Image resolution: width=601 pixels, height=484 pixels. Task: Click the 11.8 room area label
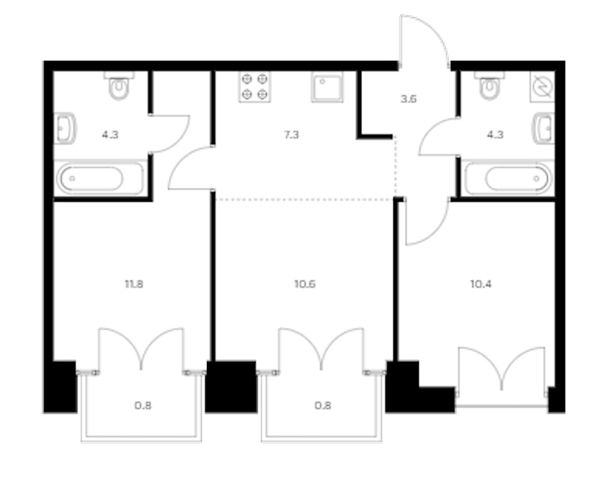134,284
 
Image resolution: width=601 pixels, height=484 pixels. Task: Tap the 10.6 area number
305,284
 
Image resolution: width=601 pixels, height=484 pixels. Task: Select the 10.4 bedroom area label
481,284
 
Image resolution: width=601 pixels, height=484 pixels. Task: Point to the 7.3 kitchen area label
291,135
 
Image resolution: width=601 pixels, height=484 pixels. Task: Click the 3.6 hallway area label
409,99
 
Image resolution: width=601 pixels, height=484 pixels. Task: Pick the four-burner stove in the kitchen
255,87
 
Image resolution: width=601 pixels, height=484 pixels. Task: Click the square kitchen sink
327,87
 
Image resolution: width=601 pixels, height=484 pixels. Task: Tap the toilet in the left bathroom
119,85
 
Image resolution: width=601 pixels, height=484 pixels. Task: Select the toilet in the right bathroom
489,85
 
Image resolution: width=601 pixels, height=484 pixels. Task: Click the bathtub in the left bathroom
100,179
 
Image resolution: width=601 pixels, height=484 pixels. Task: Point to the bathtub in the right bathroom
508,179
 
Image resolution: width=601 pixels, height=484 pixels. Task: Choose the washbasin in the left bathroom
64,128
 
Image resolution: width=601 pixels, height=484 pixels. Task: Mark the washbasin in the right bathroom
543,128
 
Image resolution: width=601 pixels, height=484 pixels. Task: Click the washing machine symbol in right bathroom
543,87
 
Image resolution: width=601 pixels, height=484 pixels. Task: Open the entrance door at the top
424,40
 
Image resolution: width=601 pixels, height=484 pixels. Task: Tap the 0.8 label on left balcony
143,405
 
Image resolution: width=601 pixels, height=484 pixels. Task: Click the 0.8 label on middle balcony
323,405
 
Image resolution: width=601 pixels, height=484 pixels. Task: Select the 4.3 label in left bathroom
110,135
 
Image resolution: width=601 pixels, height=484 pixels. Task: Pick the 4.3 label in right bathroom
495,135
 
